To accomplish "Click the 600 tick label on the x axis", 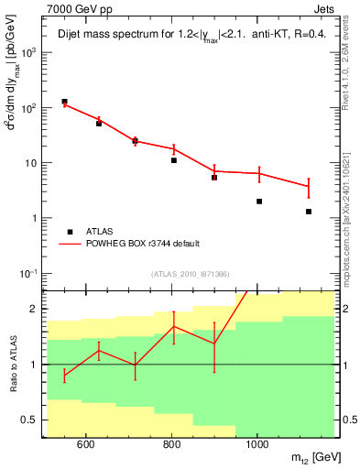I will pyautogui.click(x=85, y=446).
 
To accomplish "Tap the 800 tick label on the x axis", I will pyautogui.click(x=171, y=446).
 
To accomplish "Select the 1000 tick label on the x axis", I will pyautogui.click(x=257, y=446).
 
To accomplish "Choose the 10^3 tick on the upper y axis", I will pyautogui.click(x=30, y=52).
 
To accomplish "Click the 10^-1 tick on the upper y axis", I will pyautogui.click(x=30, y=273).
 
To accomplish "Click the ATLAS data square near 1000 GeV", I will pyautogui.click(x=259, y=202).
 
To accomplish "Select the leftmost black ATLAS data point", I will pyautogui.click(x=64, y=102).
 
